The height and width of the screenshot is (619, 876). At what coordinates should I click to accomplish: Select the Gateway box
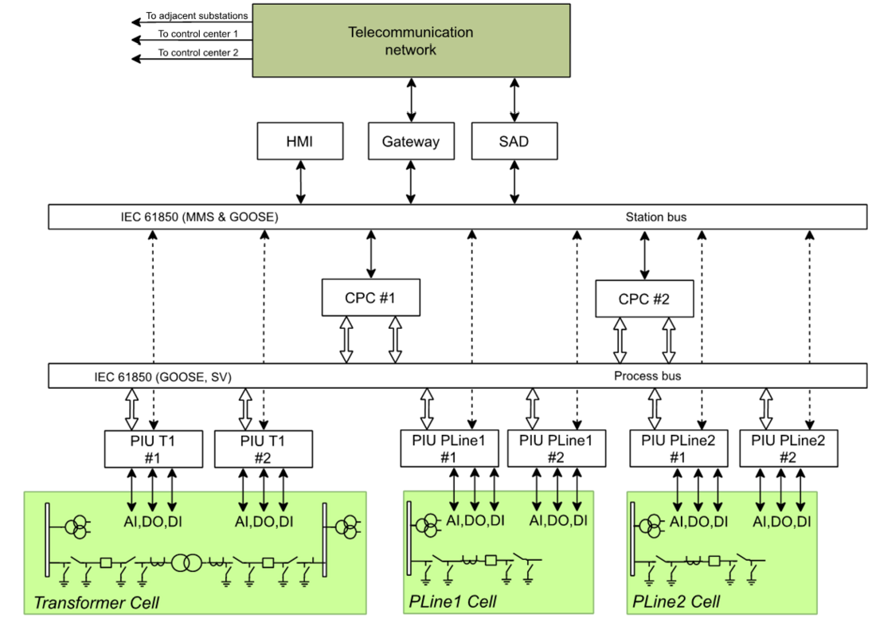[410, 142]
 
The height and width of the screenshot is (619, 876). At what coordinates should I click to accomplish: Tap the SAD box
[514, 142]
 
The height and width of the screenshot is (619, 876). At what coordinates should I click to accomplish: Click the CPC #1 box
[370, 297]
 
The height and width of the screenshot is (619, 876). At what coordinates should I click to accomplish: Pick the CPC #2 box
[644, 300]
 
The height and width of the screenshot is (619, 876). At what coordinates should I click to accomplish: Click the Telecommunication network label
[411, 41]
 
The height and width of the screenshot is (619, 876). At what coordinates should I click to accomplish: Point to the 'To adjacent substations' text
[197, 15]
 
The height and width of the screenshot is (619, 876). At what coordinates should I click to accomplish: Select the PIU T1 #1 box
[152, 449]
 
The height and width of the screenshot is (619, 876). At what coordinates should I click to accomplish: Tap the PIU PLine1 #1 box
[449, 449]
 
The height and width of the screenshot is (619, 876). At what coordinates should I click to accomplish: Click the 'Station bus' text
[655, 217]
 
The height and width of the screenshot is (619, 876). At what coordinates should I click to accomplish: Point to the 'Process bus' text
[647, 376]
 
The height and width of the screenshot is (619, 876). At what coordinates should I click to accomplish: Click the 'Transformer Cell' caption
[96, 603]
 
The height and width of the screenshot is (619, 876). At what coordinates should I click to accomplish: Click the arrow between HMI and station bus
[301, 182]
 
